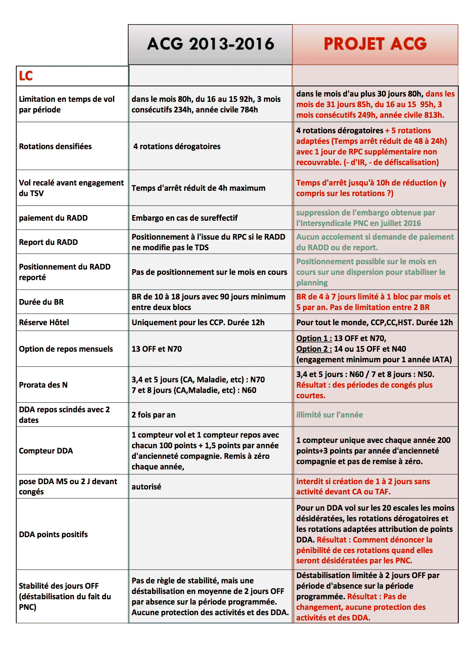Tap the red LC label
click(26, 76)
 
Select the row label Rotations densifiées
click(55, 147)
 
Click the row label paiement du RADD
click(53, 218)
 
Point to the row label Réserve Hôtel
click(44, 323)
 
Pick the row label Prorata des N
click(43, 385)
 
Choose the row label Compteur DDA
click(46, 451)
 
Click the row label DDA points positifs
click(53, 535)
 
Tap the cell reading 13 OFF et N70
click(157, 349)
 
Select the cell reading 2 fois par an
click(154, 415)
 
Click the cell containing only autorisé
click(146, 487)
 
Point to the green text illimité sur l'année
click(329, 415)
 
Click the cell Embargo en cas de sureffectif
click(185, 218)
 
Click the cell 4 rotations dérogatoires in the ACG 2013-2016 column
click(177, 147)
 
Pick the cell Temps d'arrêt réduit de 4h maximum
click(199, 188)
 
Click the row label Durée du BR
click(41, 302)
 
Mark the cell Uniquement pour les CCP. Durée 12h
click(198, 323)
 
